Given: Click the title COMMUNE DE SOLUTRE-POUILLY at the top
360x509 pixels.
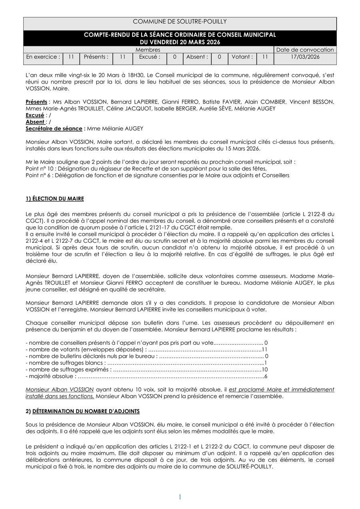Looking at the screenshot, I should pyautogui.click(x=180, y=22).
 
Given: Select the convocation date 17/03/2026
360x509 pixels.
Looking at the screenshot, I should pyautogui.click(x=305, y=57).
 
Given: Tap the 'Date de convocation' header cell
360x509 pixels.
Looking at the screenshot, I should pyautogui.click(x=305, y=50).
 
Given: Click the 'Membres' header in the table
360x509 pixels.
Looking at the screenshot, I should pyautogui.click(x=148, y=50).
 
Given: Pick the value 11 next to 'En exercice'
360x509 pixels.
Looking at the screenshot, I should pyautogui.click(x=71, y=57).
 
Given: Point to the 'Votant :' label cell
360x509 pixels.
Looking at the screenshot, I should pyautogui.click(x=242, y=57).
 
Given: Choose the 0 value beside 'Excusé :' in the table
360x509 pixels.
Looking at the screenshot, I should pyautogui.click(x=174, y=57).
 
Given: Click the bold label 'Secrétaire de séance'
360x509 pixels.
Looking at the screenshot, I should pyautogui.click(x=54, y=128).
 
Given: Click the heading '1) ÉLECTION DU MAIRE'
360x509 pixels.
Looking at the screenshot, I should pyautogui.click(x=55, y=199).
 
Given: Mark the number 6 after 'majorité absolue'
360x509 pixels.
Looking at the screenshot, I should pyautogui.click(x=266, y=376).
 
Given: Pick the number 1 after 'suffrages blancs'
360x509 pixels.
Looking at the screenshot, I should pyautogui.click(x=266, y=363).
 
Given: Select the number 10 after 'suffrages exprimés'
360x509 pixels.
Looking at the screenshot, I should pyautogui.click(x=264, y=369).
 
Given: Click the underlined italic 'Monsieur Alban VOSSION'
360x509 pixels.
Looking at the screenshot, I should pyautogui.click(x=60, y=389).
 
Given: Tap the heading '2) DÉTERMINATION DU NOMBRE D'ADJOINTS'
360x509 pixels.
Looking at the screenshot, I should pyautogui.click(x=82, y=411).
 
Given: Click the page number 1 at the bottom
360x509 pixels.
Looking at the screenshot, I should pyautogui.click(x=180, y=497).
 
